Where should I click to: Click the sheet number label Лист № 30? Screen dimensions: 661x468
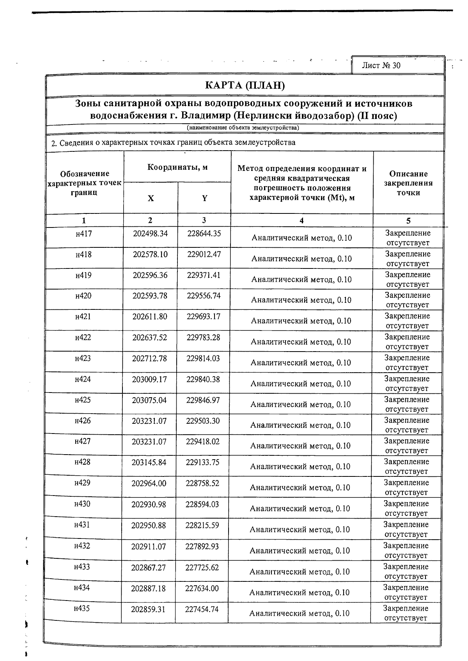381,66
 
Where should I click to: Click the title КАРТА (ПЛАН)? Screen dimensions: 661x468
245,85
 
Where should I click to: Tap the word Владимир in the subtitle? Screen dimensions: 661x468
204,116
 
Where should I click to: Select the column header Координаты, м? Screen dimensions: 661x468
177,168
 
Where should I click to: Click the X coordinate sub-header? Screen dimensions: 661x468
151,198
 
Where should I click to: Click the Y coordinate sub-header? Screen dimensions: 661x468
204,198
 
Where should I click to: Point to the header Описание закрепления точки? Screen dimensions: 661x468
408,183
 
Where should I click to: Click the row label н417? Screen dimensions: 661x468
84,234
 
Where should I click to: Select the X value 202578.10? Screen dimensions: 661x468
150,254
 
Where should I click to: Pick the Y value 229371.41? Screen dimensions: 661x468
204,275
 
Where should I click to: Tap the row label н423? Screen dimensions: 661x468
83,358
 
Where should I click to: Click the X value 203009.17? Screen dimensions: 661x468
149,379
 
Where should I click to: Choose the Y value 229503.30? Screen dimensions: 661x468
203,421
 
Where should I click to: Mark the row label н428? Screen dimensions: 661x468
82,462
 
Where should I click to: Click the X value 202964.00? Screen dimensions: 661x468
149,483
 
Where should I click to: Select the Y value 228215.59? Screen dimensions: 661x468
202,525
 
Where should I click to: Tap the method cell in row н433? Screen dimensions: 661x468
300,572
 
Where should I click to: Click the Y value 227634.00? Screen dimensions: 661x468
202,588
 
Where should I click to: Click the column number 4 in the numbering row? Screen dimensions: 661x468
301,220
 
